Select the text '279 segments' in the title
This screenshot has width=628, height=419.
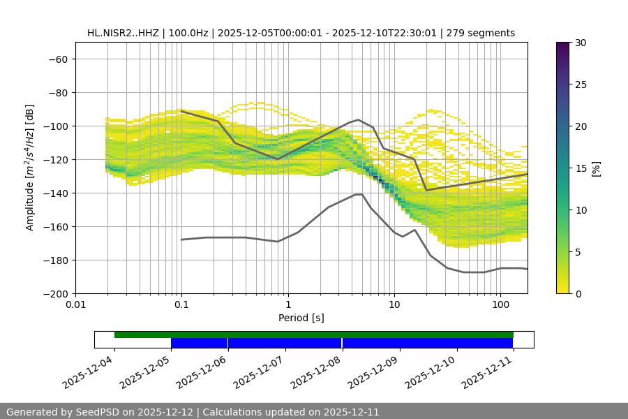tap(482, 33)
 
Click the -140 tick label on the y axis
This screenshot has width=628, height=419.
tap(54, 193)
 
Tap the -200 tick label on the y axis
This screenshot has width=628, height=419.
tap(54, 293)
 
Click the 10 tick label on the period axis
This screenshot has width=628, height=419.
tap(394, 305)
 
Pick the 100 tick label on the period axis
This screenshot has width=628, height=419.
tap(500, 305)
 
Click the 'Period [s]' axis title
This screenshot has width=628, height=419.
tap(301, 318)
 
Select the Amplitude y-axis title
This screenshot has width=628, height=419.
tap(30, 168)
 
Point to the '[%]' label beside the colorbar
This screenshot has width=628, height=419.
tap(596, 168)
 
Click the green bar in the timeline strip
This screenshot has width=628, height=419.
tap(314, 335)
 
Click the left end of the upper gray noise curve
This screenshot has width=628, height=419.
tap(181, 111)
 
